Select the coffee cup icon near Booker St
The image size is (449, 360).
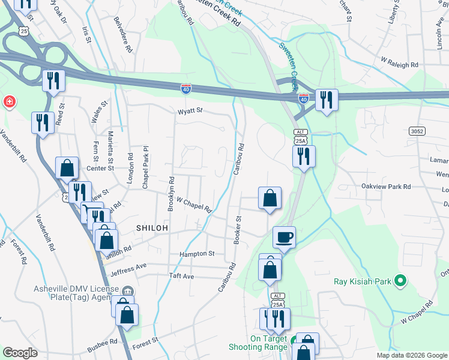(x=284, y=236)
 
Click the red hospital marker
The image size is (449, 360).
(x=10, y=101)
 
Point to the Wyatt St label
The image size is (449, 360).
(x=191, y=111)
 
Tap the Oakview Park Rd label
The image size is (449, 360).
(x=385, y=187)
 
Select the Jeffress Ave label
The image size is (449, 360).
(x=133, y=266)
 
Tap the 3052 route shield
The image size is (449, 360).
(x=417, y=131)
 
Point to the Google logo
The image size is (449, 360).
(x=20, y=353)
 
